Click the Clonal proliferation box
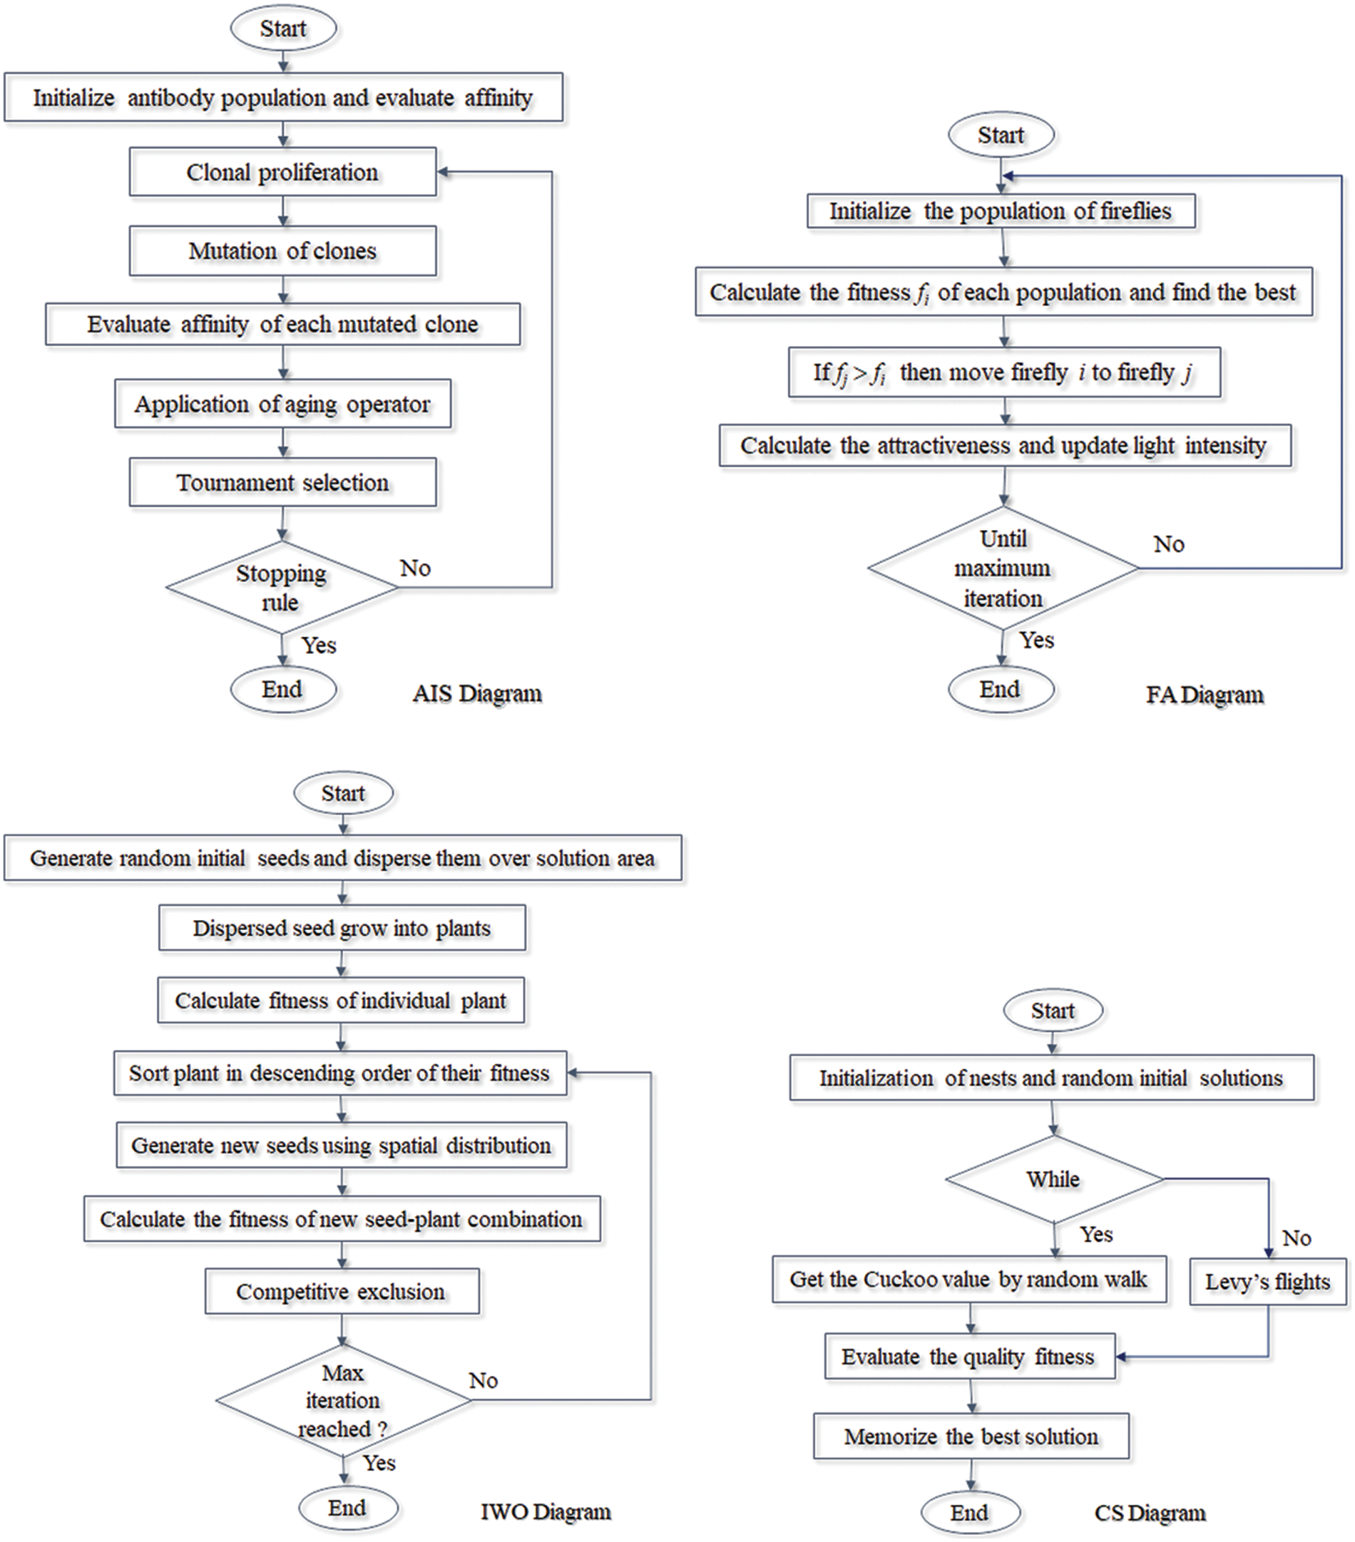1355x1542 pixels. (283, 172)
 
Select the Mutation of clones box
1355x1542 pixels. (283, 250)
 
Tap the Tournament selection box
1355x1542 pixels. (283, 482)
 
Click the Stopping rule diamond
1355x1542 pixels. (282, 588)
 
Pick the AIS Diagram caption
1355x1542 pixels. (477, 693)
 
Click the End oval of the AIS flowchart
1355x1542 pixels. (283, 690)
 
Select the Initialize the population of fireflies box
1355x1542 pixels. (1001, 210)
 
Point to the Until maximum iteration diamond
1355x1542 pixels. (1003, 568)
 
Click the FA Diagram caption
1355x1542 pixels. (1205, 694)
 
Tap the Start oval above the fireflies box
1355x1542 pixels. (1001, 135)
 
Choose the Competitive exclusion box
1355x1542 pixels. (342, 1292)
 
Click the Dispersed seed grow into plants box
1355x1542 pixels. (342, 928)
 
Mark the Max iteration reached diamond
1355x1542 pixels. (343, 1400)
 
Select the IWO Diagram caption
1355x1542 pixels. (546, 1512)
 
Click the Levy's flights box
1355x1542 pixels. (1268, 1281)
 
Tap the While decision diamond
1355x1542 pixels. (1054, 1179)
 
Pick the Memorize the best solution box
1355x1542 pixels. (971, 1436)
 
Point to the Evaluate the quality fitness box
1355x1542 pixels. (969, 1357)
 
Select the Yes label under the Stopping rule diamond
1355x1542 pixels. (319, 645)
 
